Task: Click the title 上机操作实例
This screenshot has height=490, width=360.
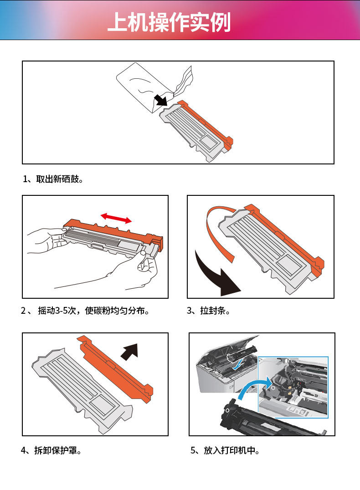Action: pos(169,22)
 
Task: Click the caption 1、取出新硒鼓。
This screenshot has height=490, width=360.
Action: pos(53,179)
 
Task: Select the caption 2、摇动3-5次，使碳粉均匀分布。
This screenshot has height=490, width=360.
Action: pos(85,310)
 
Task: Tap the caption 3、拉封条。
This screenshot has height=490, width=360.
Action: pos(209,310)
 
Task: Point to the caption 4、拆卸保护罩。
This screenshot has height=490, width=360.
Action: pos(51,450)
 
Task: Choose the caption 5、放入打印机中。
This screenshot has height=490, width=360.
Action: pos(225,450)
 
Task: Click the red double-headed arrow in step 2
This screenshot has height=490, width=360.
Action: pos(116,218)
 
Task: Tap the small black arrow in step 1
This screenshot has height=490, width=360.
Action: pos(161,100)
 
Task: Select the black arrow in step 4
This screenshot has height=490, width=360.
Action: pos(129,352)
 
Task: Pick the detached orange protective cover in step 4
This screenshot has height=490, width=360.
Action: pos(115,369)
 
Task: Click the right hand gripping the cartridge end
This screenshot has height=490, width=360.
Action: pos(138,269)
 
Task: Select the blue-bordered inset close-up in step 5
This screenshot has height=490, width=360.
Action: pos(293,387)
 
